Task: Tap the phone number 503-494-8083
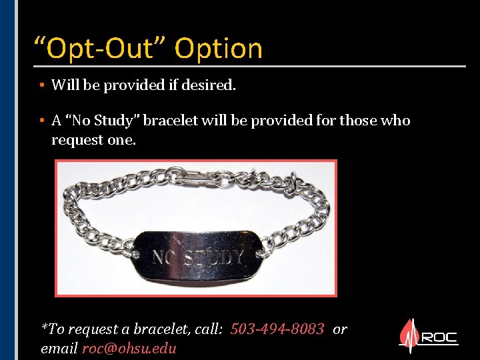click(x=277, y=329)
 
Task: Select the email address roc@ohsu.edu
click(x=129, y=349)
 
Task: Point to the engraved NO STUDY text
click(x=199, y=257)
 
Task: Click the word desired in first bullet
click(x=213, y=85)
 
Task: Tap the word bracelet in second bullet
click(x=169, y=121)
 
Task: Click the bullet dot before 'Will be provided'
click(x=41, y=85)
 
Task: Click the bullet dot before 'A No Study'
click(x=41, y=121)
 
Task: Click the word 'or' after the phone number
click(x=339, y=329)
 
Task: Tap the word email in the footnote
click(x=59, y=349)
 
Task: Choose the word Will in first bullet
click(x=64, y=85)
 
